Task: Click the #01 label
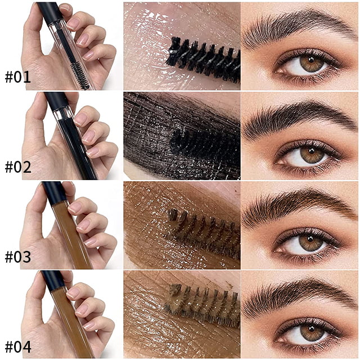(17, 78)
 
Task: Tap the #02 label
(18, 167)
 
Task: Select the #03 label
(18, 257)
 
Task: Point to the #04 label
(18, 346)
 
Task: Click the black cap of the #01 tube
(50, 12)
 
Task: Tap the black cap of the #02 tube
(56, 102)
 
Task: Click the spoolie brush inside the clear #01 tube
(80, 76)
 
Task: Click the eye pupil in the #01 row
(311, 60)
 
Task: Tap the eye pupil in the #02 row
(312, 151)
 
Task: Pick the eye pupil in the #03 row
(310, 238)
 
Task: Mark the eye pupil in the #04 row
(311, 327)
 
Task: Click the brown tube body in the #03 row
(71, 234)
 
